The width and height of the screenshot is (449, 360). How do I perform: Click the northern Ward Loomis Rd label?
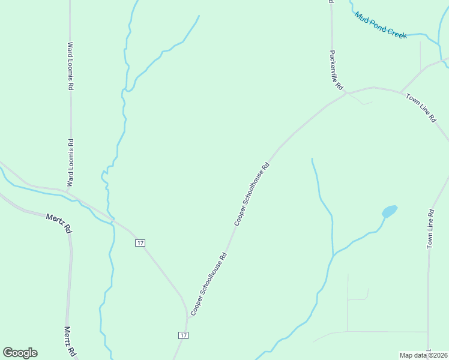pyautogui.click(x=70, y=66)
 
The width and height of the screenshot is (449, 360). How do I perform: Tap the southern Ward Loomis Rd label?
pyautogui.click(x=70, y=162)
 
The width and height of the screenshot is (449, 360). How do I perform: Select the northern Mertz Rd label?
pyautogui.click(x=59, y=223)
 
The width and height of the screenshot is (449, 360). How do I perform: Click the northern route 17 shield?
pyautogui.click(x=140, y=242)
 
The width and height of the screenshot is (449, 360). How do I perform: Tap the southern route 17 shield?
pyautogui.click(x=183, y=335)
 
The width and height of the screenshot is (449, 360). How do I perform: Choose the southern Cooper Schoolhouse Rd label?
pyautogui.click(x=208, y=284)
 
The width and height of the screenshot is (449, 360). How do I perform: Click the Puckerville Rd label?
pyautogui.click(x=335, y=70)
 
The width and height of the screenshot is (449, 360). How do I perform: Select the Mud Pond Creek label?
pyautogui.click(x=381, y=25)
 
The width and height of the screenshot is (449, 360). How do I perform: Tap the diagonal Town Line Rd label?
pyautogui.click(x=421, y=108)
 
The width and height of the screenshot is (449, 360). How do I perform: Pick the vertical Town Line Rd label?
pyautogui.click(x=430, y=229)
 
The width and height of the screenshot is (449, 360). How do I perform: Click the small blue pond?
pyautogui.click(x=389, y=211)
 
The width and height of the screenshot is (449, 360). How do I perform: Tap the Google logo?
pyautogui.click(x=20, y=353)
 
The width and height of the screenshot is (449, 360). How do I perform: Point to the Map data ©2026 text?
pyautogui.click(x=423, y=355)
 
